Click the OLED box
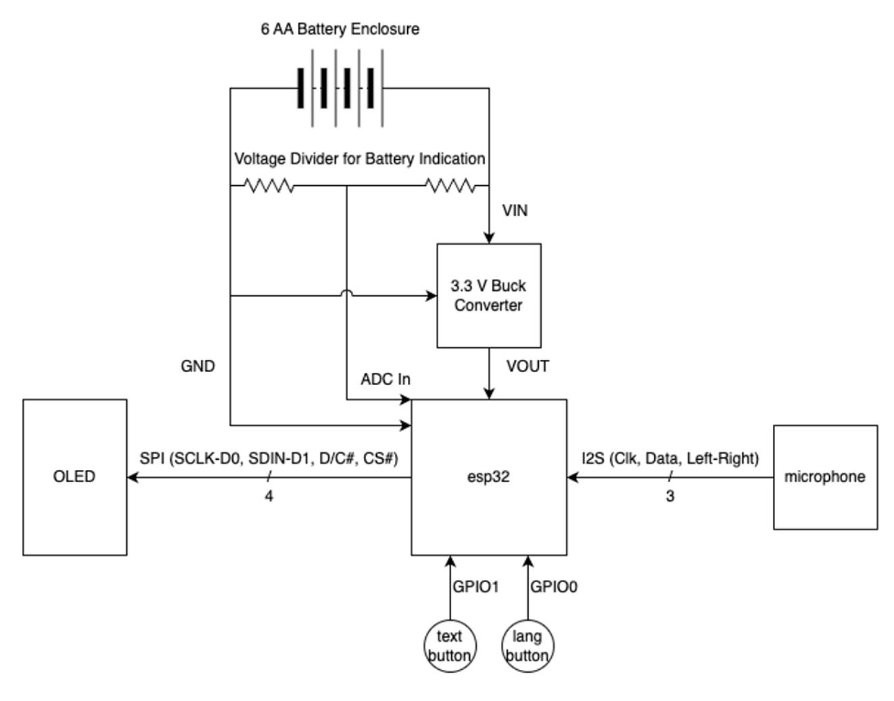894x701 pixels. pyautogui.click(x=75, y=477)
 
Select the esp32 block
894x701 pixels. pyautogui.click(x=489, y=477)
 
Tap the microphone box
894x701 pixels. pyautogui.click(x=825, y=477)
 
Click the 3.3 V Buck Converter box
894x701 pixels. pyautogui.click(x=489, y=296)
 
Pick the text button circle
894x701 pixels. pyautogui.click(x=449, y=646)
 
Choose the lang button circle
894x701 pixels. pyautogui.click(x=527, y=646)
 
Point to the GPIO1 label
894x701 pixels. pyautogui.click(x=475, y=587)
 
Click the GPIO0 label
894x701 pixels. pyautogui.click(x=554, y=587)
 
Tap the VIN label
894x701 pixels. pyautogui.click(x=515, y=211)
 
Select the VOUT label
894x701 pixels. pyautogui.click(x=528, y=366)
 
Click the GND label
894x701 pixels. pyautogui.click(x=198, y=366)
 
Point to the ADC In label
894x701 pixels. pyautogui.click(x=386, y=379)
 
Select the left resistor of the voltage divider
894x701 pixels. pyautogui.click(x=269, y=185)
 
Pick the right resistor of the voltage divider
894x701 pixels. pyautogui.click(x=450, y=185)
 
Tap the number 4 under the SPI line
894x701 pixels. pyautogui.click(x=269, y=496)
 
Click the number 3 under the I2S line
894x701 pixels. pyautogui.click(x=670, y=496)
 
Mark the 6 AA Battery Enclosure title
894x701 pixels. pyautogui.click(x=340, y=29)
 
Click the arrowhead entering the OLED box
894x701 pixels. pyautogui.click(x=132, y=477)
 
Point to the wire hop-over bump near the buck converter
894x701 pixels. pyautogui.click(x=347, y=292)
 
